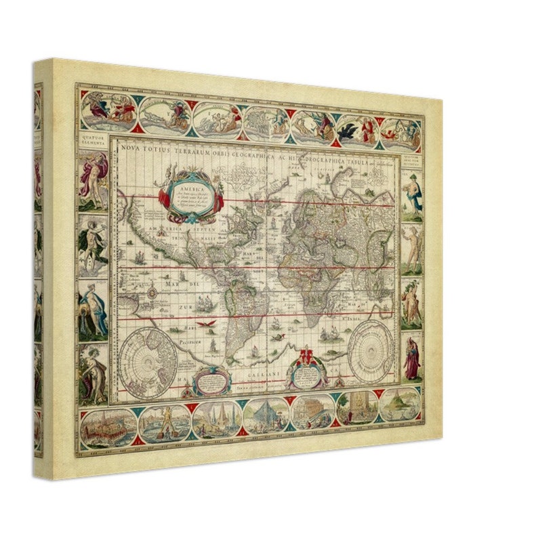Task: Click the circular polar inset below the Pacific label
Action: point(149,360)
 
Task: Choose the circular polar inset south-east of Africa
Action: point(372,350)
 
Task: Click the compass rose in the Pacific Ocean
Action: point(152,291)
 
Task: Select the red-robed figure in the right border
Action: point(412,358)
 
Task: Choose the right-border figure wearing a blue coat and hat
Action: point(412,192)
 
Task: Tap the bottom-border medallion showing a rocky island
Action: point(399,405)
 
